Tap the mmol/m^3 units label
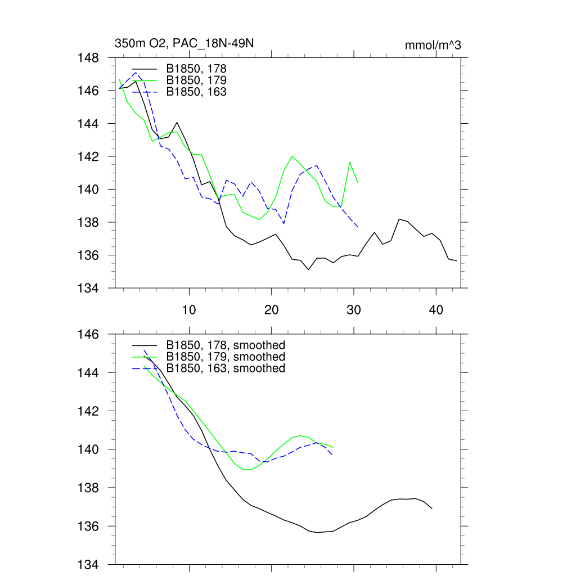(x=433, y=45)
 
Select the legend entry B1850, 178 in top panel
(x=196, y=69)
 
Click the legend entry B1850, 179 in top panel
(x=196, y=80)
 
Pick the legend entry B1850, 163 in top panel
(x=196, y=91)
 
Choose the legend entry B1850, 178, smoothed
(x=226, y=345)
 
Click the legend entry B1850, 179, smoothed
(x=226, y=357)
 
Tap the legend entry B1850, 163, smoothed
(x=226, y=368)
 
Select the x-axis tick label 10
(x=190, y=310)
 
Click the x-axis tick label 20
(x=272, y=310)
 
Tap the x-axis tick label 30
(x=354, y=310)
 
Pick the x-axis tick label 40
(x=436, y=310)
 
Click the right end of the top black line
(x=457, y=261)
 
